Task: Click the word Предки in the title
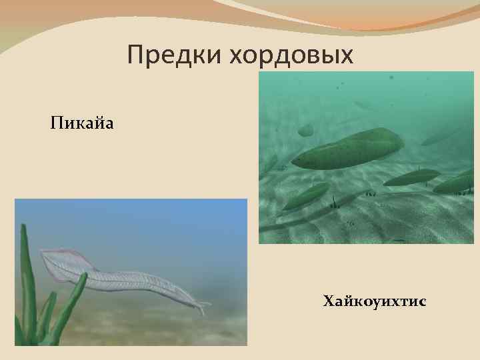(175, 55)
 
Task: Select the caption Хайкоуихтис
(375, 303)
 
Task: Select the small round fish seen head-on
(305, 130)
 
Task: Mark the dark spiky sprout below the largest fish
(334, 201)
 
